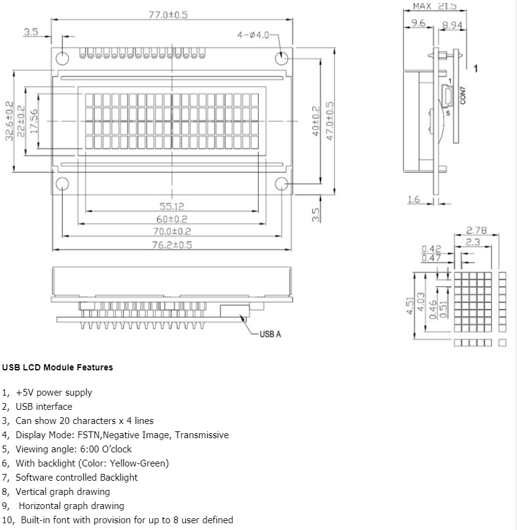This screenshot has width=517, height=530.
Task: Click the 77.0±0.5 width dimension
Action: click(168, 14)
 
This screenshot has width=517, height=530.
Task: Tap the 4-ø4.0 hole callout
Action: click(254, 35)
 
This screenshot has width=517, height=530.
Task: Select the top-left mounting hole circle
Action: click(63, 58)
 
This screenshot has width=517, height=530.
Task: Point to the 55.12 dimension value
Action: click(172, 206)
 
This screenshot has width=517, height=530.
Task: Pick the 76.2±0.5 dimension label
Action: click(172, 245)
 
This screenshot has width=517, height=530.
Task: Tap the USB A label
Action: click(270, 334)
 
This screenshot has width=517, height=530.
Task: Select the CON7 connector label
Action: click(463, 96)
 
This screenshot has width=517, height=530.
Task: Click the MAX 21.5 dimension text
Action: click(434, 6)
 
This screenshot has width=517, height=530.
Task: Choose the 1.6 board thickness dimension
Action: click(414, 199)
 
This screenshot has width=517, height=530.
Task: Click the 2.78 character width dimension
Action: click(476, 230)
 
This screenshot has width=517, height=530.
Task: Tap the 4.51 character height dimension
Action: click(409, 305)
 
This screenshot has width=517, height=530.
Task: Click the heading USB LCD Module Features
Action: click(57, 367)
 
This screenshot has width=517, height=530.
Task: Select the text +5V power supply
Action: click(54, 393)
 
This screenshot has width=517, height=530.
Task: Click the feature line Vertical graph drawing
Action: click(63, 492)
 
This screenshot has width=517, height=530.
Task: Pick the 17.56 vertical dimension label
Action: click(35, 121)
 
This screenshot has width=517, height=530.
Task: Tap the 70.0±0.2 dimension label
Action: click(172, 232)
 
